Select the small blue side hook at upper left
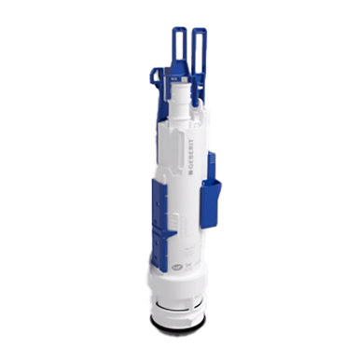click(155, 76)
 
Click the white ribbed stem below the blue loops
click(178, 99)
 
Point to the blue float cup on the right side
click(211, 203)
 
